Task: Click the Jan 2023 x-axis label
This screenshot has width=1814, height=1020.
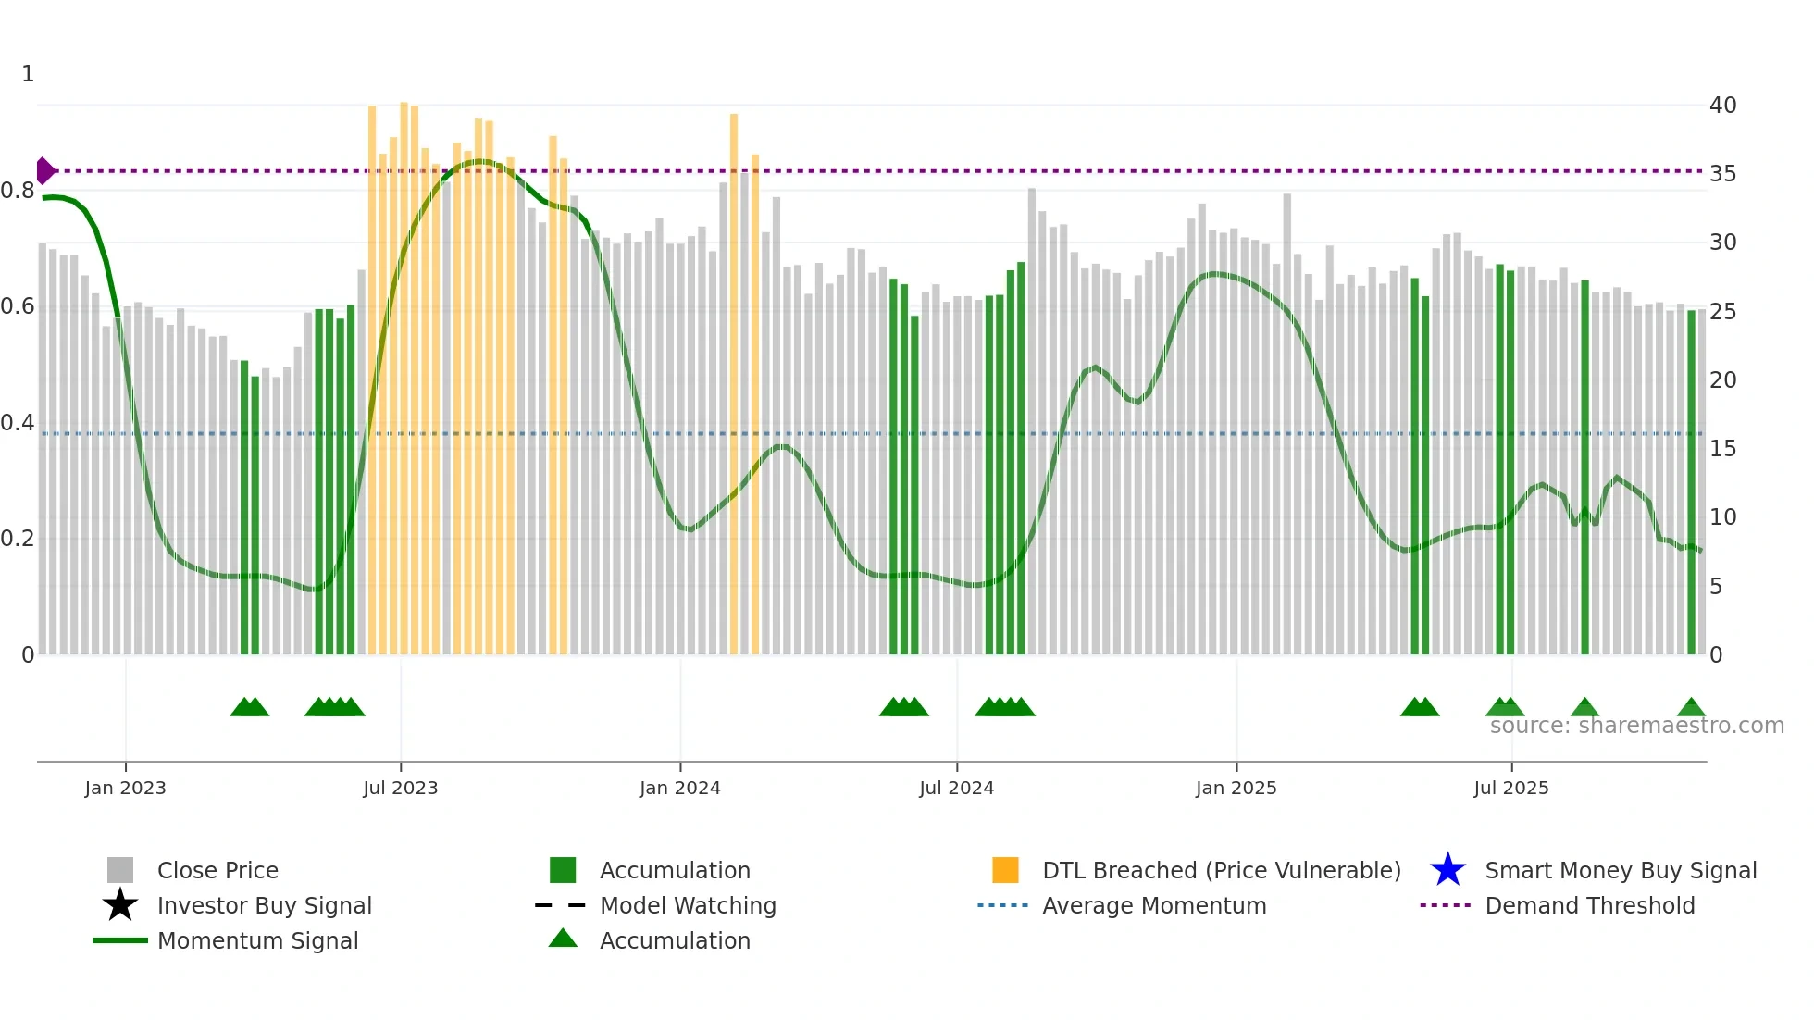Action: point(125,788)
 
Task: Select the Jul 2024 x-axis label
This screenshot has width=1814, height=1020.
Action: point(956,788)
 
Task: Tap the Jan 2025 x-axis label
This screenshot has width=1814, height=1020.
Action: point(1236,788)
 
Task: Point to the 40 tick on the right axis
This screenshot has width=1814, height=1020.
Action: point(1722,106)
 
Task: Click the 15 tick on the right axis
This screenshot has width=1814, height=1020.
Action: point(1722,449)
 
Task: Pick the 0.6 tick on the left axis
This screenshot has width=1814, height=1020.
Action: point(19,306)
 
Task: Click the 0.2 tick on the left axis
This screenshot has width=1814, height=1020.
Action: point(19,539)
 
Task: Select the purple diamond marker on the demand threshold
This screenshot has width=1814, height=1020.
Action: point(44,171)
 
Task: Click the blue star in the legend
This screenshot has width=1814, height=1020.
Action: point(1447,870)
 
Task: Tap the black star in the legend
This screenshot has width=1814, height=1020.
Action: point(120,905)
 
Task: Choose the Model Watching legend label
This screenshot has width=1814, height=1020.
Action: point(688,905)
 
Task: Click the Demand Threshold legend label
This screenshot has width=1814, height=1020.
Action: point(1589,905)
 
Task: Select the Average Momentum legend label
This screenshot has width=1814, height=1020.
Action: point(1154,905)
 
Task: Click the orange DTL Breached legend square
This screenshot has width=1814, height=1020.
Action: point(1005,870)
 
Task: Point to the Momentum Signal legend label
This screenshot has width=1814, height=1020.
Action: point(257,940)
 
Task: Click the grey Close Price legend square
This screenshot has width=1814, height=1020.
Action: point(120,870)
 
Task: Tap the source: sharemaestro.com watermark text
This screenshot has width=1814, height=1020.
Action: point(1636,726)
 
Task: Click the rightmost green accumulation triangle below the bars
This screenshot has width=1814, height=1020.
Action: point(1691,708)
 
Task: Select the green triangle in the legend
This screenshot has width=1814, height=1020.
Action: point(563,939)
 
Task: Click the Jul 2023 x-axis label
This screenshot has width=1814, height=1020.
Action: point(400,788)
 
